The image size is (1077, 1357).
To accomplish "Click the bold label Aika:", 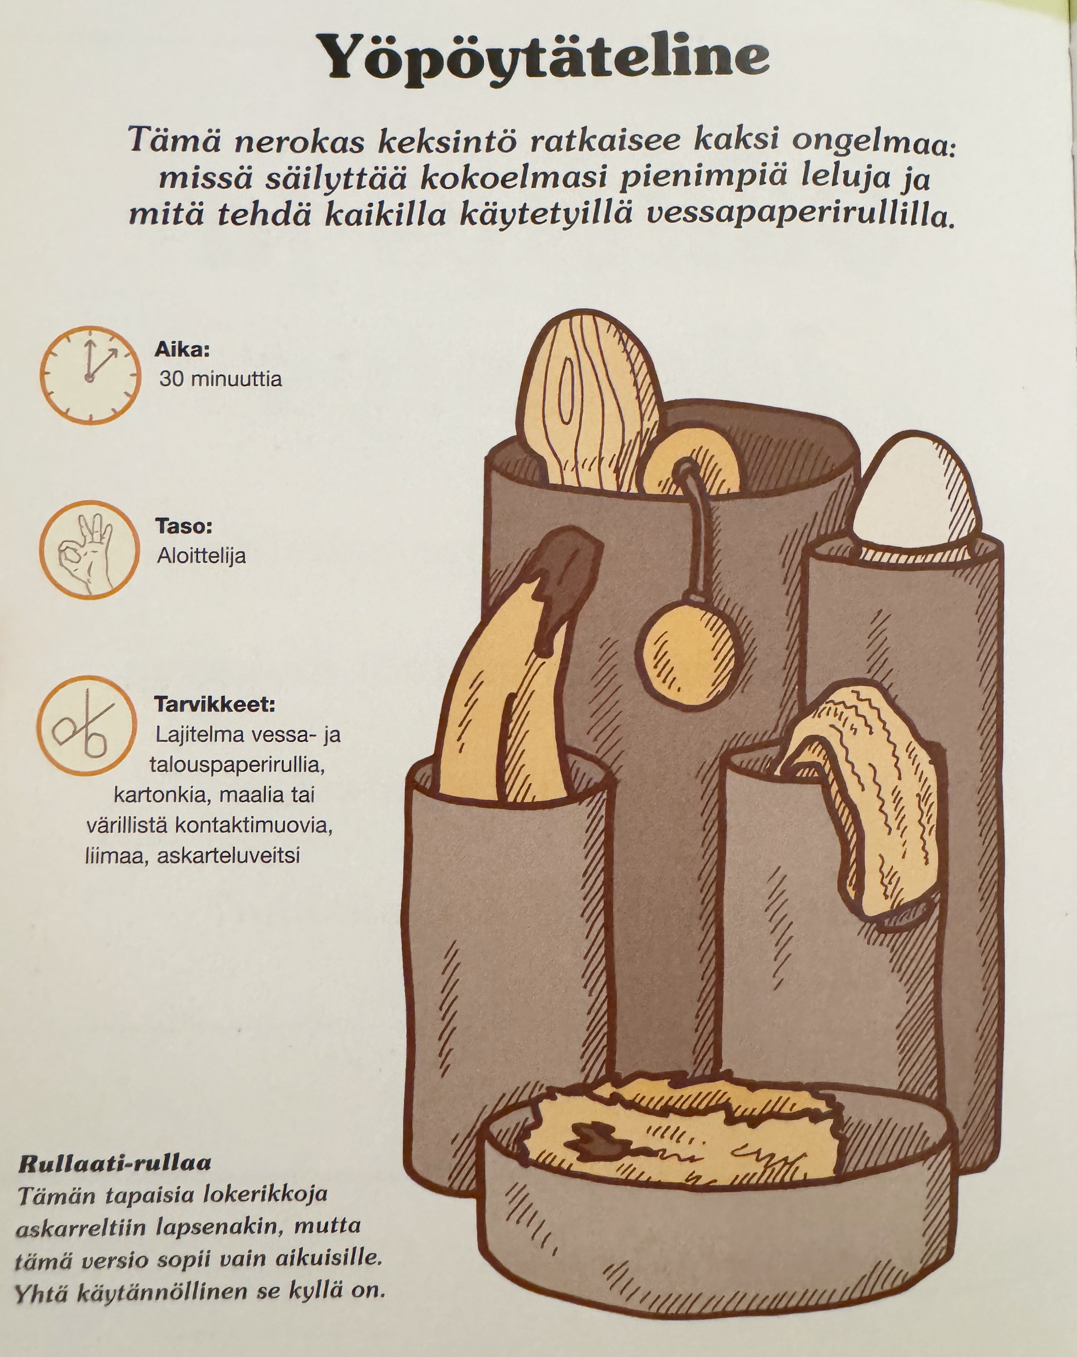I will [x=182, y=349].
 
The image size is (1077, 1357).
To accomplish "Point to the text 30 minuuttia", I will [x=220, y=379].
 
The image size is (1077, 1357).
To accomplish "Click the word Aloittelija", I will [x=201, y=556].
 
